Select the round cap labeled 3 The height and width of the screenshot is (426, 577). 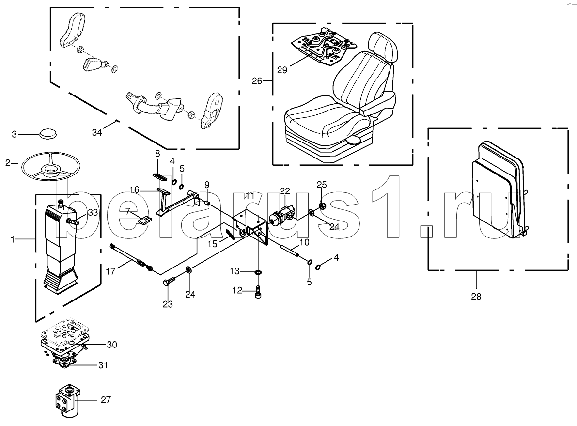coord(47,133)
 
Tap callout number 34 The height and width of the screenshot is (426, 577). coord(97,132)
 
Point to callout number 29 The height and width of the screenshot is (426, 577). coord(282,70)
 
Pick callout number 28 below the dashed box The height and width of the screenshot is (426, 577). coord(476,296)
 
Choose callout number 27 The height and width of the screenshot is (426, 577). coord(106,400)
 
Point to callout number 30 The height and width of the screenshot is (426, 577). coord(111,345)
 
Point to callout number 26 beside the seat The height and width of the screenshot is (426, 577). coord(257,80)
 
